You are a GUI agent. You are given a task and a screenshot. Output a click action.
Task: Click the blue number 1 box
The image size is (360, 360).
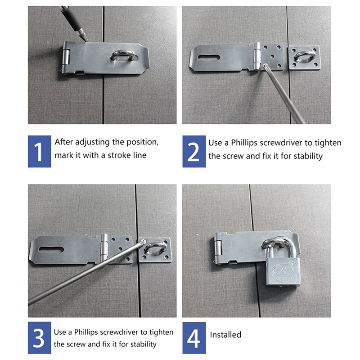40,151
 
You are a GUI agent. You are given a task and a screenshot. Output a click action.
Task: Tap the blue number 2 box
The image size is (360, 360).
194,151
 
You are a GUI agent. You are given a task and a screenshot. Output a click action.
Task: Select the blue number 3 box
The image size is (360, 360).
40,338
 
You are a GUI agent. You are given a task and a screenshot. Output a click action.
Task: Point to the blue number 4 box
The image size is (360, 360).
194,338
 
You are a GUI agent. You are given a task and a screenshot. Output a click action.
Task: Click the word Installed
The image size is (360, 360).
225,335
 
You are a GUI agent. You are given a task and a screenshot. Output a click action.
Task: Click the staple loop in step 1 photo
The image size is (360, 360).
123,55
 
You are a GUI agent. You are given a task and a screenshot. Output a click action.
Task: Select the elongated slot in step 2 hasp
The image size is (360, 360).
208,58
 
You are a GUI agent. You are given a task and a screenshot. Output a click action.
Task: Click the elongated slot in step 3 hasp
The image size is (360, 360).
51,250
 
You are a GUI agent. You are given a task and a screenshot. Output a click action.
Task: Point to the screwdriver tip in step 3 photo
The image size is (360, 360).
143,241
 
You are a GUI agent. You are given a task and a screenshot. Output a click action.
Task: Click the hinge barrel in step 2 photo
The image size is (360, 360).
257,56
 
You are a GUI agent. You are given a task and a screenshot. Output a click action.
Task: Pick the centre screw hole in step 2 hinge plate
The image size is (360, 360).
272,56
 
